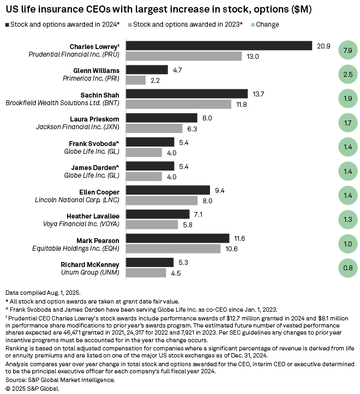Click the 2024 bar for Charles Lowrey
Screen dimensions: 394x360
pyautogui.click(x=219, y=46)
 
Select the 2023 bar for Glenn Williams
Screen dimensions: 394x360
pyautogui.click(x=136, y=80)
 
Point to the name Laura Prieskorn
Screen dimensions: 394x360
pyautogui.click(x=95, y=118)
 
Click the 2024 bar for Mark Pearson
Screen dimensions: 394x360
pyautogui.click(x=178, y=239)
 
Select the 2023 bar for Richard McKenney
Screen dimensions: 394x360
pyautogui.click(x=146, y=272)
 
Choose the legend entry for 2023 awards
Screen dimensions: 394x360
pyautogui.click(x=185, y=25)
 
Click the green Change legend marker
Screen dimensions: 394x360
pyautogui.click(x=254, y=25)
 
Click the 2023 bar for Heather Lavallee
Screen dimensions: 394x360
pyautogui.click(x=152, y=225)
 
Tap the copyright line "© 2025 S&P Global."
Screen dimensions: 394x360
pyautogui.click(x=32, y=388)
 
